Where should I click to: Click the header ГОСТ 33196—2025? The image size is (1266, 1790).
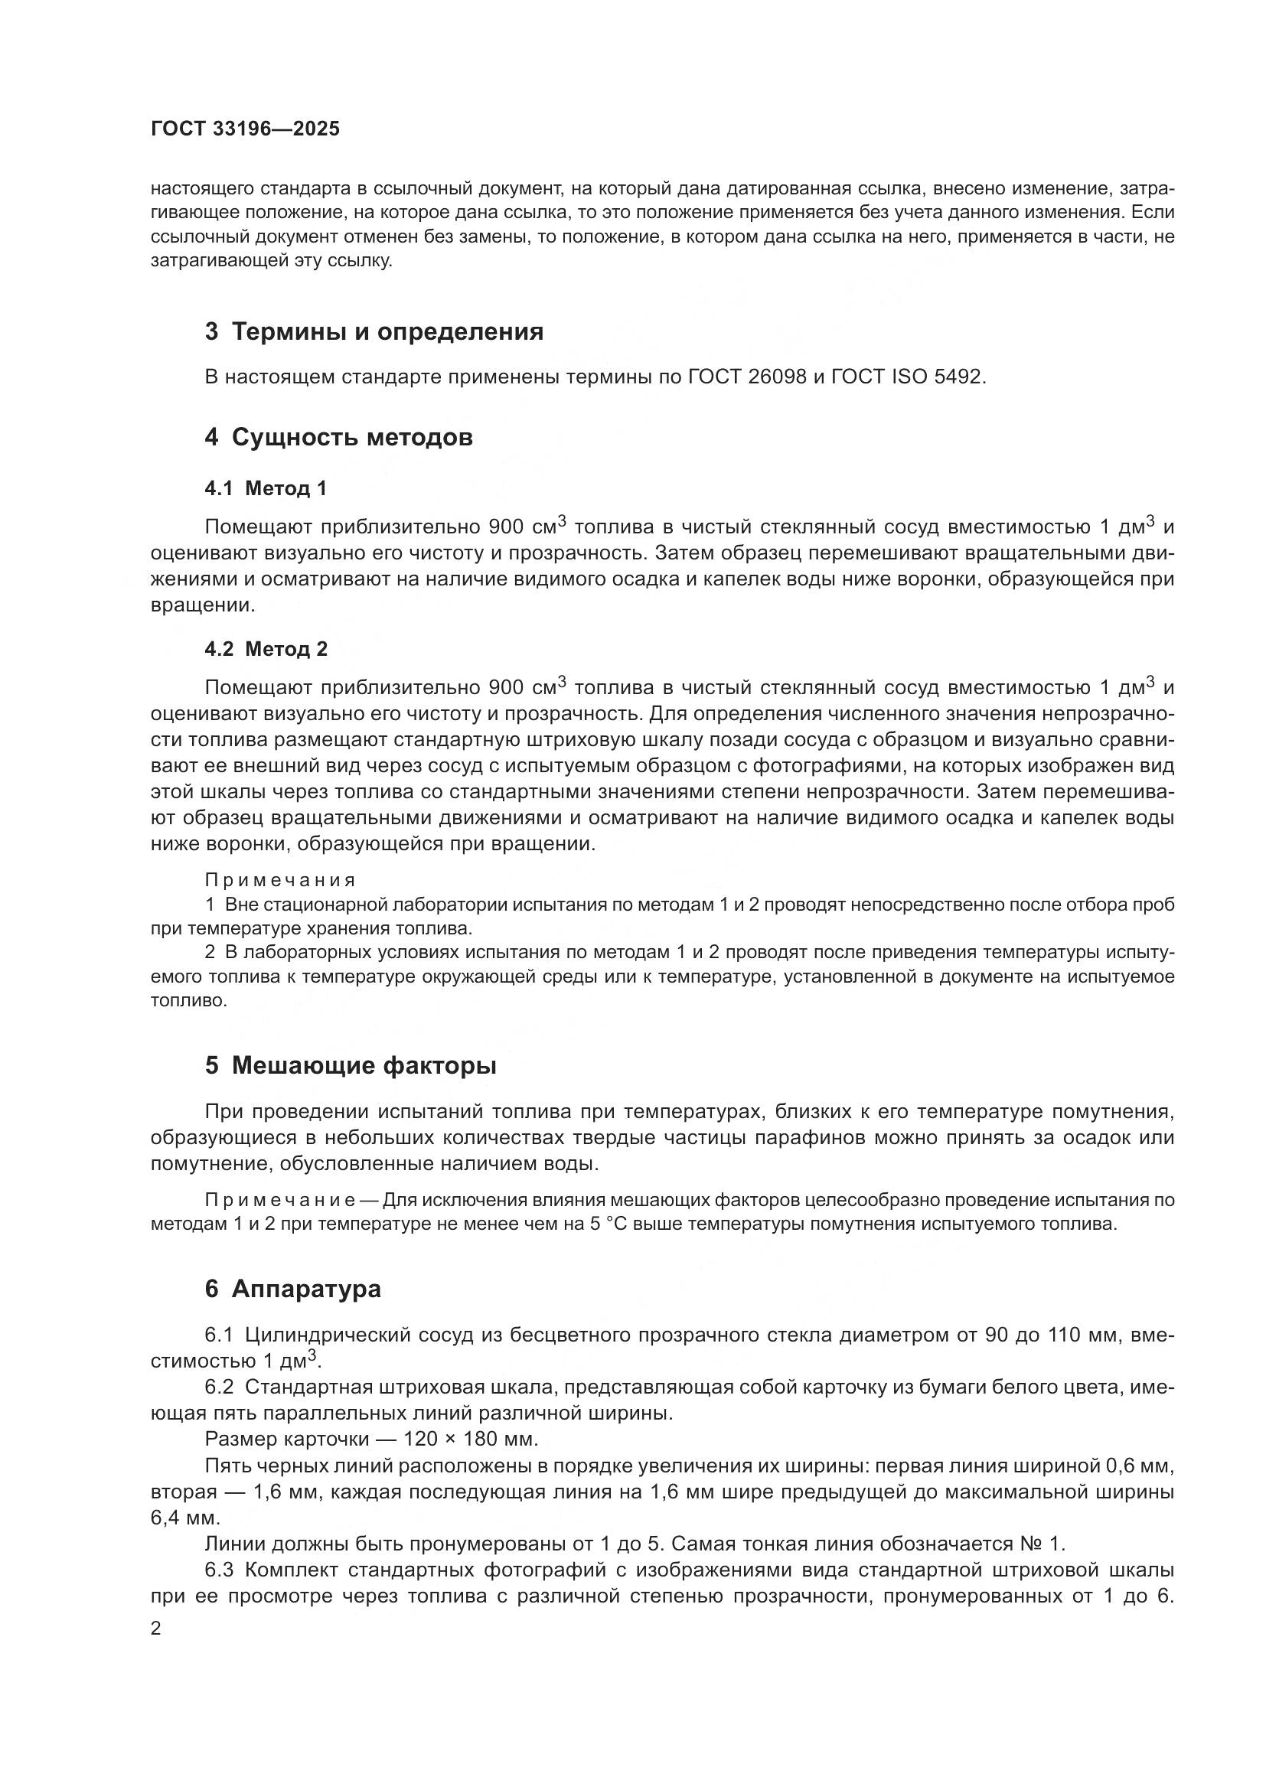click(x=245, y=129)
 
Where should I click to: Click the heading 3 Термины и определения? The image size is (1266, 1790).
click(x=374, y=332)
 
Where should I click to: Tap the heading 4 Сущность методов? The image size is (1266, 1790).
click(x=338, y=438)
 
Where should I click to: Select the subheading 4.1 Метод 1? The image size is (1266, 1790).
click(x=265, y=489)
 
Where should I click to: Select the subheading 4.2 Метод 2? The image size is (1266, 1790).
click(x=266, y=650)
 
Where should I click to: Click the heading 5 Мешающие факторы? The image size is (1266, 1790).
click(x=350, y=1065)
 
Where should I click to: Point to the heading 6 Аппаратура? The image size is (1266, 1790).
click(x=292, y=1289)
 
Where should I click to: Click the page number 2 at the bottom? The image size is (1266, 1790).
click(x=156, y=1629)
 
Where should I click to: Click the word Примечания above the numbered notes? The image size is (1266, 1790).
click(x=280, y=880)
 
